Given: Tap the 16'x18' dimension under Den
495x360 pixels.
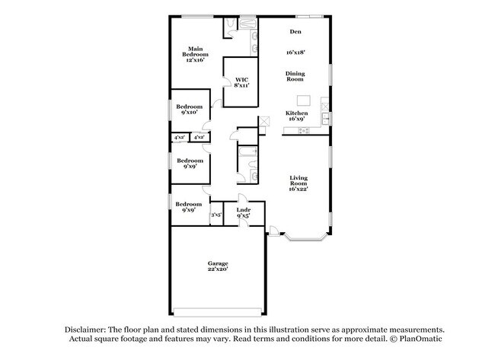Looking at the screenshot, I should click(295, 53).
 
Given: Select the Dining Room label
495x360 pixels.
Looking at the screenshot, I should click(295, 76).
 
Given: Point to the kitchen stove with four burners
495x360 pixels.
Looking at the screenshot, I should click(303, 130).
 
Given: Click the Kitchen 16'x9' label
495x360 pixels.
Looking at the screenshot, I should click(296, 116).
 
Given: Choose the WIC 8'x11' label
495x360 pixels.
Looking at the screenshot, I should click(241, 82).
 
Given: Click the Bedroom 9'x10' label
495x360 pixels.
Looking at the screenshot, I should click(189, 109).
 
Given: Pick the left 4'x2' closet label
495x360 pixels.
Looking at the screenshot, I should click(180, 137).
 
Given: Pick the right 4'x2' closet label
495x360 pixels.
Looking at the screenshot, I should click(199, 137).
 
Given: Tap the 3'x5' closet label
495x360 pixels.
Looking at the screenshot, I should click(216, 215).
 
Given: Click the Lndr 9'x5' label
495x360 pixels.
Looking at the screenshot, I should click(244, 212).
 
